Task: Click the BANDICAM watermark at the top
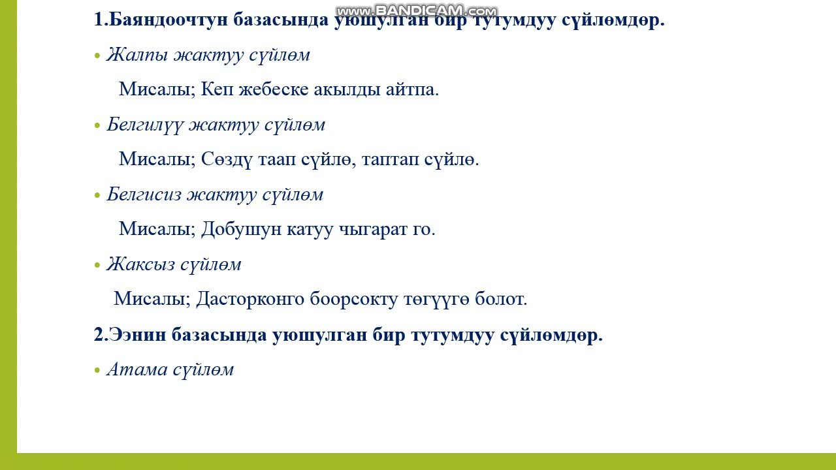click(x=416, y=10)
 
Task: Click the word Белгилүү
click(x=144, y=125)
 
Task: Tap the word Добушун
click(x=240, y=229)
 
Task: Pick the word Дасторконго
click(x=250, y=300)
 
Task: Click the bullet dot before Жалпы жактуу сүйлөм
click(x=97, y=56)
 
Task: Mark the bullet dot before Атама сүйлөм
click(x=97, y=371)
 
